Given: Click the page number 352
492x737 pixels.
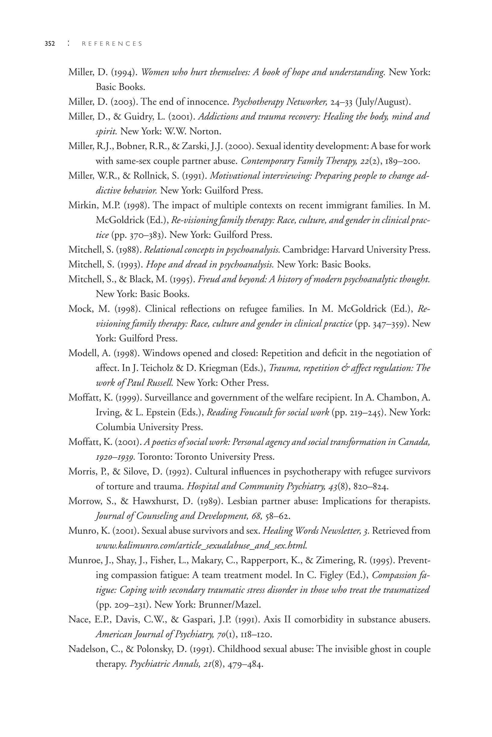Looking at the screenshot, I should pos(50,44).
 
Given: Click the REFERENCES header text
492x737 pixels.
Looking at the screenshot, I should pos(112,44).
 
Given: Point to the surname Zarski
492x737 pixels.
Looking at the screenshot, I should pos(189,146).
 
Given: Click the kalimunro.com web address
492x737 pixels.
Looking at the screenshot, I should pos(201,546).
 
